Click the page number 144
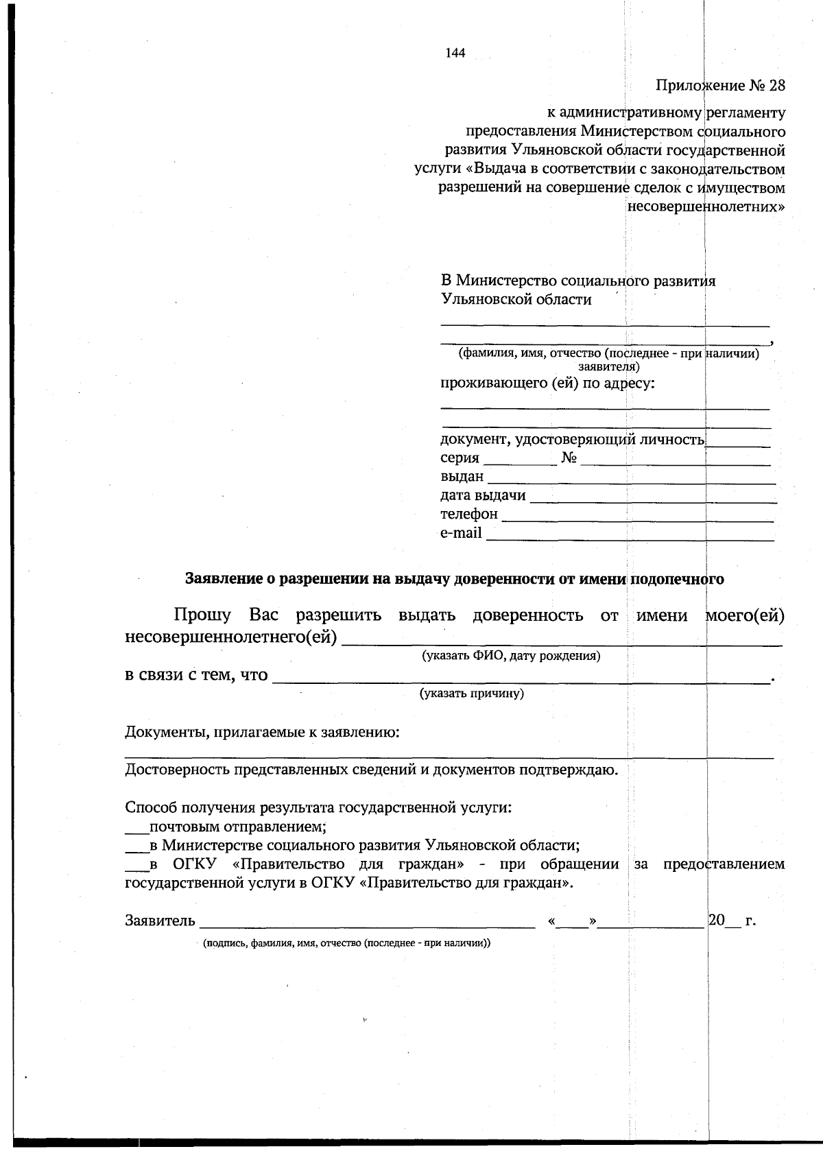coord(455,54)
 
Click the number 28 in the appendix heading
coord(776,86)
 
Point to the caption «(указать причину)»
coord(472,694)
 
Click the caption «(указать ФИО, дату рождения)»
coord(511,656)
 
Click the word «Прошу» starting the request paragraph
coord(202,615)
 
